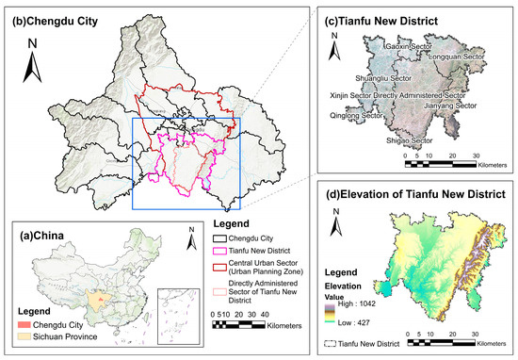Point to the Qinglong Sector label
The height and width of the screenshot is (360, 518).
359,117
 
